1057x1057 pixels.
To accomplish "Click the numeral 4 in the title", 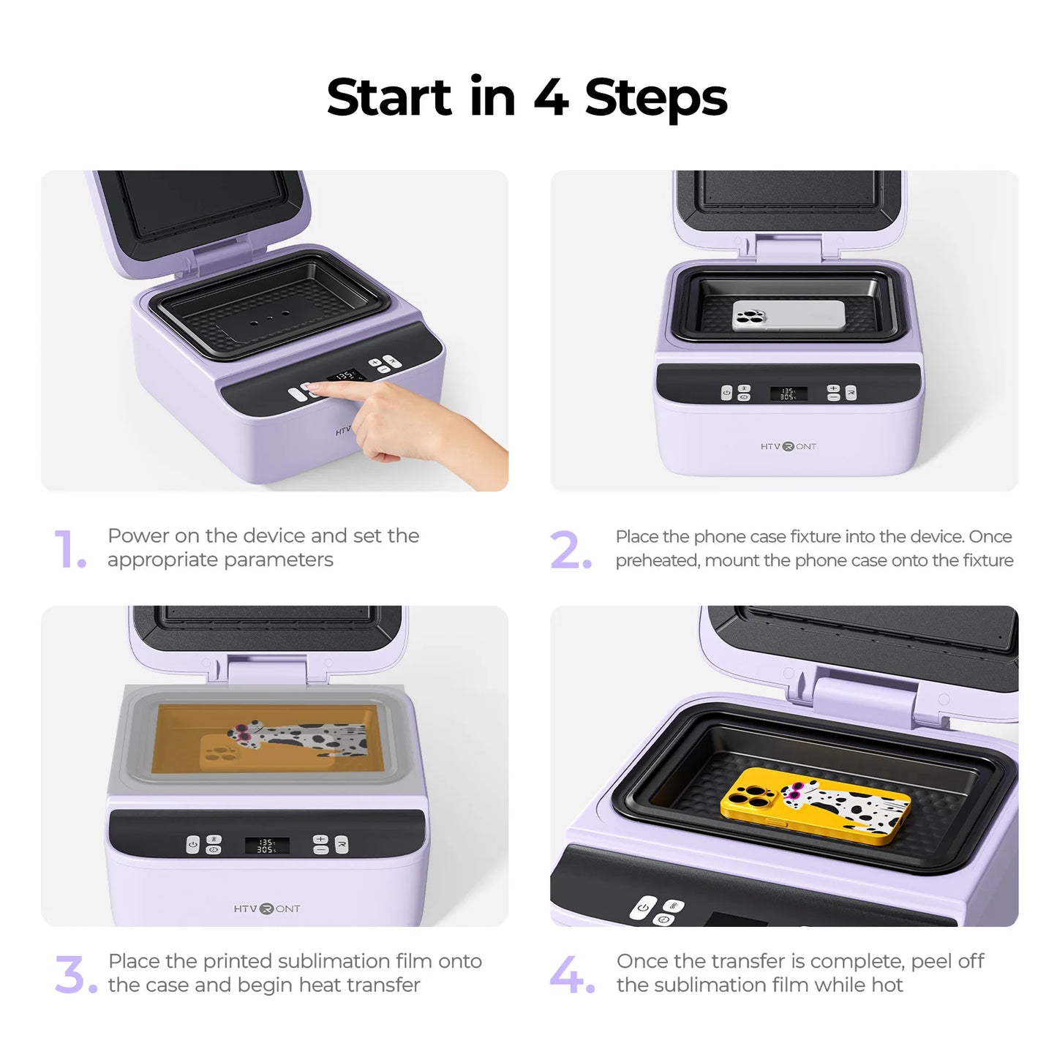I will (551, 97).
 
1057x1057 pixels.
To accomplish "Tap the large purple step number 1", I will (69, 549).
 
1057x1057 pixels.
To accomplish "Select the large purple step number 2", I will (570, 550).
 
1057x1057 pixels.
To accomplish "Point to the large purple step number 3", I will (75, 975).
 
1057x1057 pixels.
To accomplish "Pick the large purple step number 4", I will (571, 975).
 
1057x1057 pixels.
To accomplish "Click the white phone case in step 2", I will (789, 315).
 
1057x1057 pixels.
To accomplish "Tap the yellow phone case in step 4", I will (815, 805).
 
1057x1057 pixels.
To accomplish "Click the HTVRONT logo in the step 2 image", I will (788, 446).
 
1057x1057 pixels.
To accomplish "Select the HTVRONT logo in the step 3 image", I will (266, 909).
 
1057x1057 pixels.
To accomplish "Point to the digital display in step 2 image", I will (788, 394).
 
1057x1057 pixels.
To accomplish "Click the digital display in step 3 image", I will (266, 846).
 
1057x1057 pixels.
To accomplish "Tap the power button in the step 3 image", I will (193, 844).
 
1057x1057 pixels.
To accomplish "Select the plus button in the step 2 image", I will (833, 388).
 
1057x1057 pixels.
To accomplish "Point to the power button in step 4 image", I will (643, 907).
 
